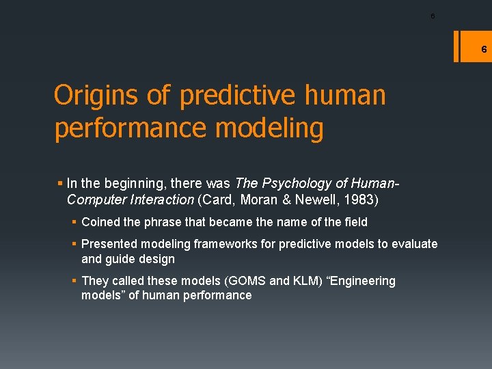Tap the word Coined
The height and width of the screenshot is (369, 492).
click(x=100, y=222)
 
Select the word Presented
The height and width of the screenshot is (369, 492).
click(x=109, y=244)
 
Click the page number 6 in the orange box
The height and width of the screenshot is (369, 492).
click(x=483, y=49)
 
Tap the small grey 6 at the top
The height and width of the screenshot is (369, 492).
click(x=432, y=16)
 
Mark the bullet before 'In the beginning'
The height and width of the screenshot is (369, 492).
click(x=61, y=183)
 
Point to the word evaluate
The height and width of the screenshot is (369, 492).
click(x=415, y=244)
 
